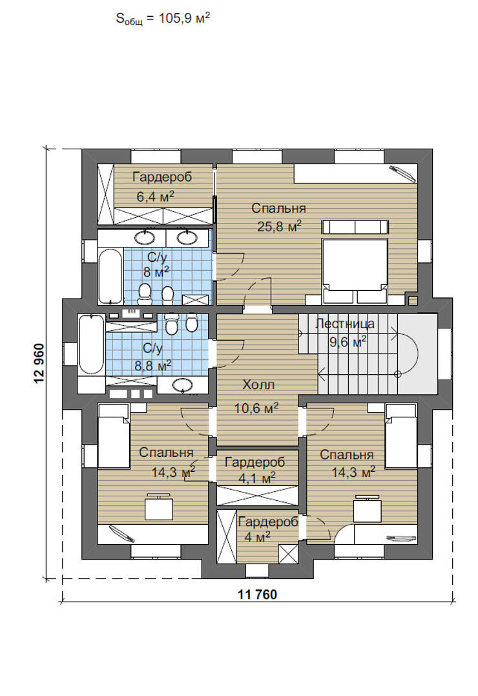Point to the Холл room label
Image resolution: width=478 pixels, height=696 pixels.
click(x=258, y=385)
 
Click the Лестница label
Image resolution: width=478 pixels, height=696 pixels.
click(x=344, y=324)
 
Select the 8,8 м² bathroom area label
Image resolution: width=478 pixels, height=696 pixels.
click(x=152, y=365)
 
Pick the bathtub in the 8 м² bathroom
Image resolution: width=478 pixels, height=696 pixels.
click(x=110, y=276)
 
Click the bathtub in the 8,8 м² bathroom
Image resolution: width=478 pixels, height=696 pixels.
click(x=91, y=344)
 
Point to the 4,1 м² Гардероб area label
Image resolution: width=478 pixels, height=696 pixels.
click(x=256, y=478)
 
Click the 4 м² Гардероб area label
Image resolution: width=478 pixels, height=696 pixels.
click(x=256, y=536)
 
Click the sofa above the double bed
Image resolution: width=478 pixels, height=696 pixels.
click(x=355, y=226)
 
